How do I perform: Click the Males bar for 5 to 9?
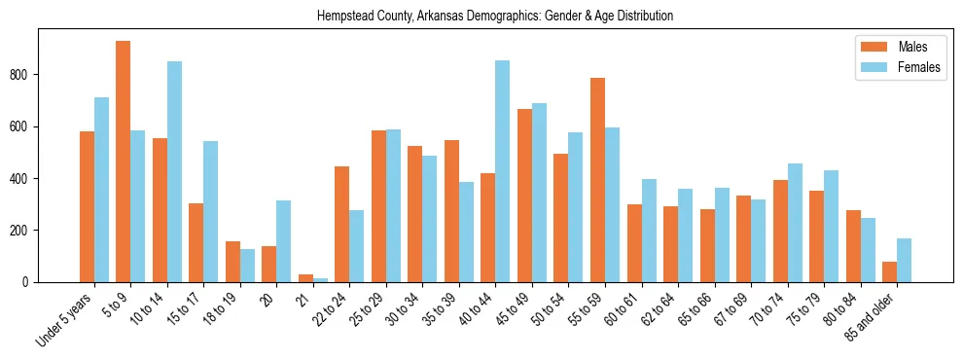coord(124,162)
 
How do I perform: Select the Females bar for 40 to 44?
coord(502,171)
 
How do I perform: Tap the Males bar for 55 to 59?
coord(597,180)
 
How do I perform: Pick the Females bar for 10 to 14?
coord(174,171)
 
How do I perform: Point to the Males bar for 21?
coord(305,278)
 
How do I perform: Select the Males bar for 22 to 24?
coord(342,224)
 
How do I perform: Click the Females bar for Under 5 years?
coord(101,190)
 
